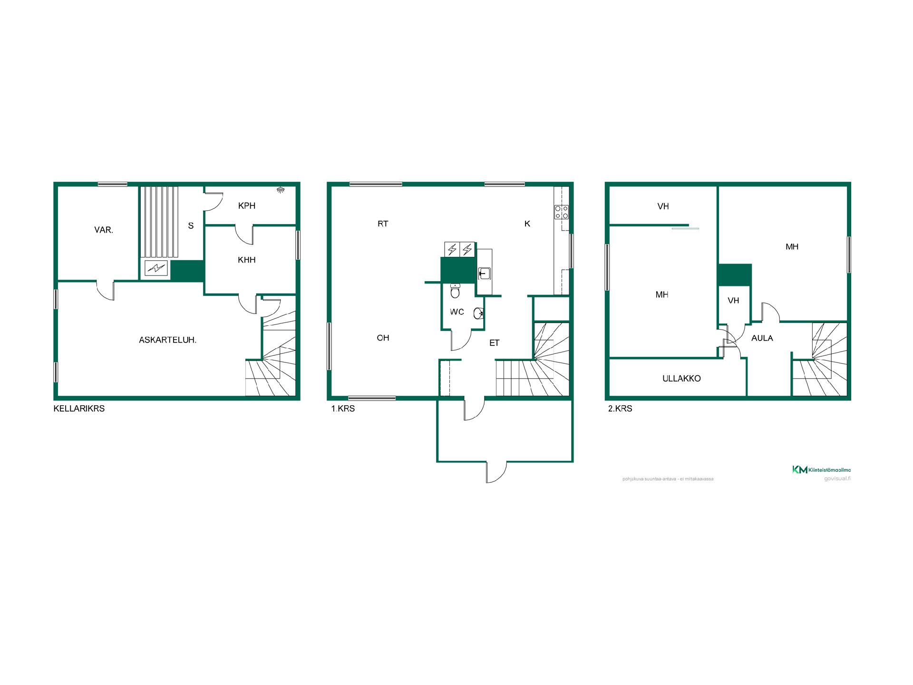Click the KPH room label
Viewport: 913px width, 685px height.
(247, 206)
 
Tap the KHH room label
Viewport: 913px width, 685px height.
(247, 260)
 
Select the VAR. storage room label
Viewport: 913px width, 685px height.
(104, 230)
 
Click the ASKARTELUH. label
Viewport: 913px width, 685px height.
(167, 340)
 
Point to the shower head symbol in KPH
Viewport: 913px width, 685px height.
(281, 190)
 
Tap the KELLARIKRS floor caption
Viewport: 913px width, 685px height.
(79, 409)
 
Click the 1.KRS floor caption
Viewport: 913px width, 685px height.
(343, 409)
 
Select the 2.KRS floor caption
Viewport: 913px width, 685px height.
(620, 409)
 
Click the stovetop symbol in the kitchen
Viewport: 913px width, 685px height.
(562, 212)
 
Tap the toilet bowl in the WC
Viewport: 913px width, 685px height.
(455, 291)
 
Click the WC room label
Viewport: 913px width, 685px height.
(457, 312)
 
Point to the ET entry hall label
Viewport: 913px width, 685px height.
(495, 343)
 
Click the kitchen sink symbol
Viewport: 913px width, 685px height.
(484, 274)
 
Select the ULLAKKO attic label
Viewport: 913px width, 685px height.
(681, 379)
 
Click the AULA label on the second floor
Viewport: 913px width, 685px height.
(762, 338)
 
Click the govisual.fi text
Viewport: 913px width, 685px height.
(837, 479)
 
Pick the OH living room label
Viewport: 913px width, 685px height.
(383, 338)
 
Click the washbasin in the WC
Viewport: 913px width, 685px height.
(479, 313)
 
